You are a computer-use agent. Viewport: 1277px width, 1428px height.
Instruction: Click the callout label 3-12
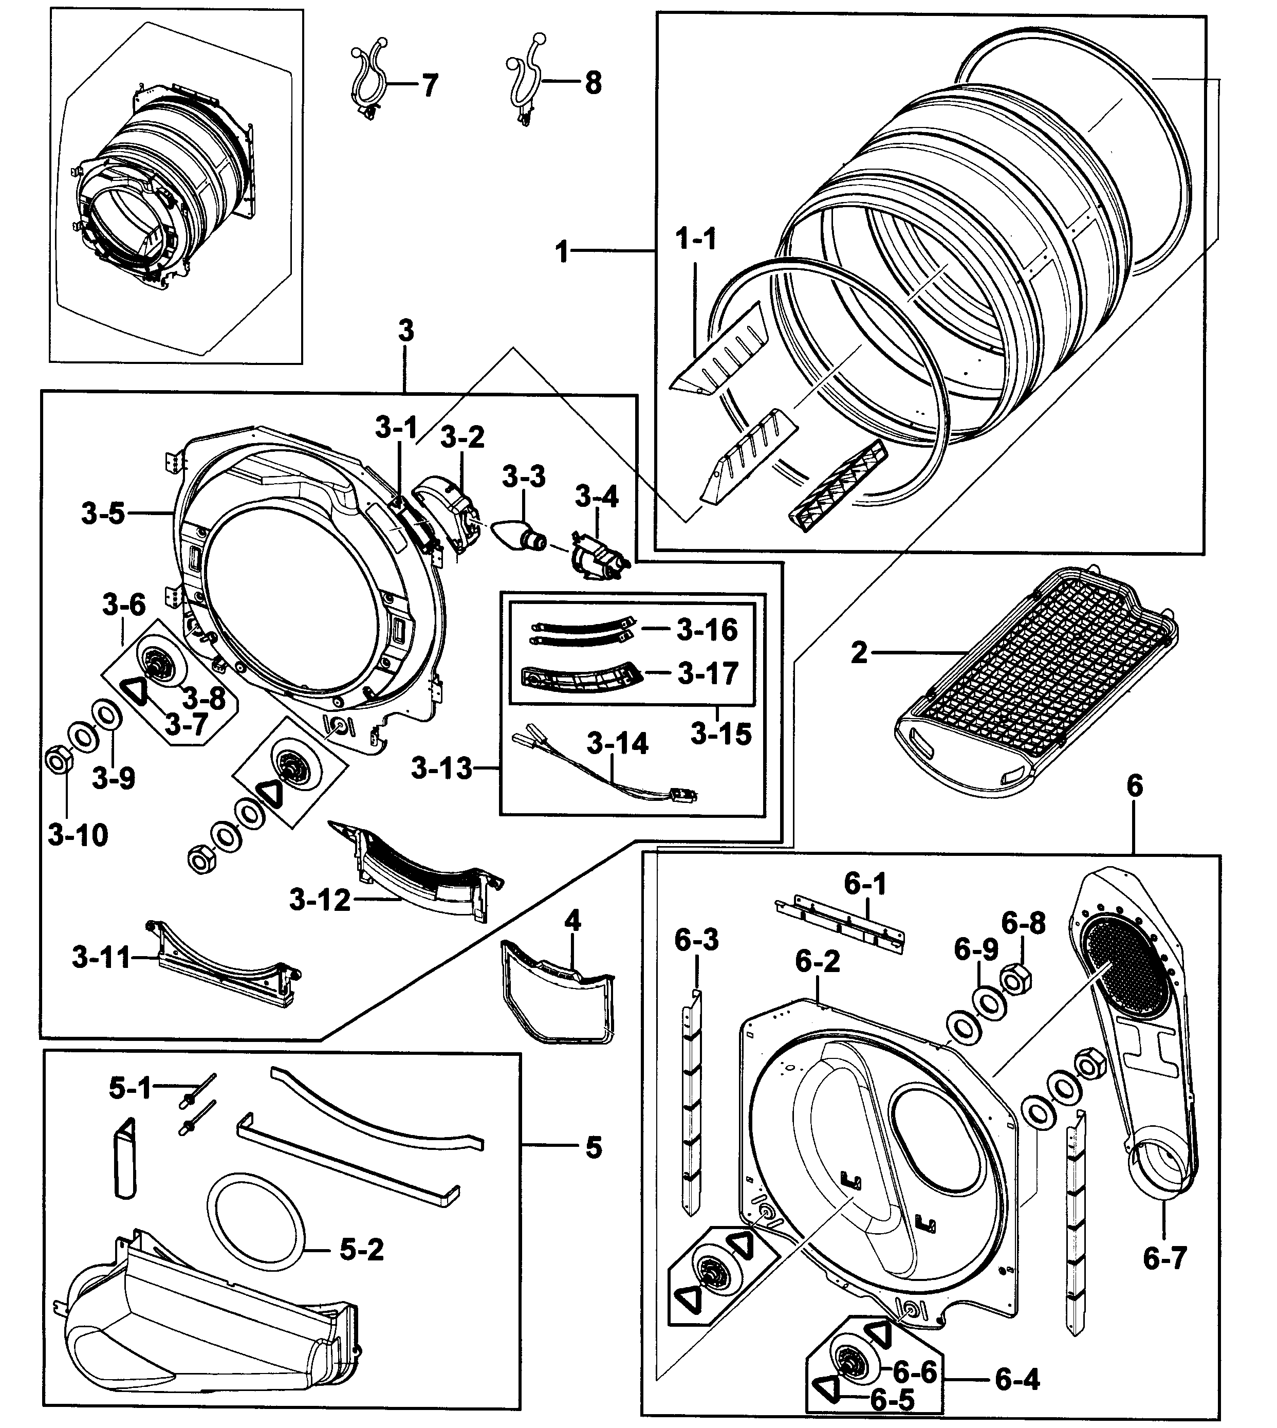[x=319, y=899]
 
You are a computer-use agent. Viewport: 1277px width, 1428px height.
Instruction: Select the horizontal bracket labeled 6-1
[x=840, y=924]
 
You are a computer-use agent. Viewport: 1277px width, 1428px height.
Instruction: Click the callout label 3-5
[x=102, y=514]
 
